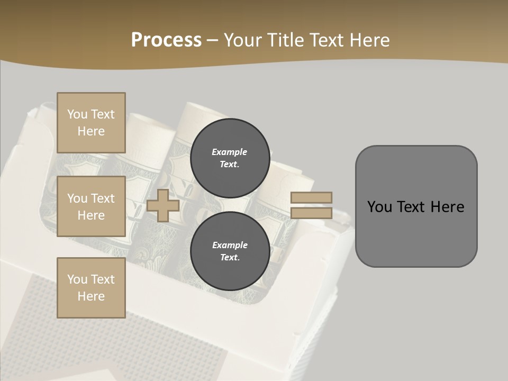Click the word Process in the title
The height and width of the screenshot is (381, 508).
[x=166, y=40]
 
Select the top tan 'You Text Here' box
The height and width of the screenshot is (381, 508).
[x=91, y=123]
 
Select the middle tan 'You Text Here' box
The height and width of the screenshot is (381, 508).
[x=91, y=206]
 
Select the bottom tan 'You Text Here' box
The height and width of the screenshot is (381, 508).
[x=91, y=288]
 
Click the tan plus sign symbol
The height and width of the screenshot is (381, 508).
[x=163, y=205]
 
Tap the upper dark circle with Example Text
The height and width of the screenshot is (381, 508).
[x=230, y=158]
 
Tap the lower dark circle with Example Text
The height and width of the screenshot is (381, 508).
[x=230, y=251]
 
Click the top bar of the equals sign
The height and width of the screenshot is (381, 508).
[x=311, y=197]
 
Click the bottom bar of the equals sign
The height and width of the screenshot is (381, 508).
[x=311, y=213]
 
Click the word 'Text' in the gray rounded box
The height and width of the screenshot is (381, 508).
[x=412, y=207]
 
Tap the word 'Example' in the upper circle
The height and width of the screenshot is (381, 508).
[x=229, y=152]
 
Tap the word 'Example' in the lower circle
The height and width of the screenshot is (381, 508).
[x=230, y=245]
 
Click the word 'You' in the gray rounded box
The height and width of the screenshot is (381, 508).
[x=379, y=207]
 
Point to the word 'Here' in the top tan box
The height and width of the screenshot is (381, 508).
[x=91, y=131]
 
